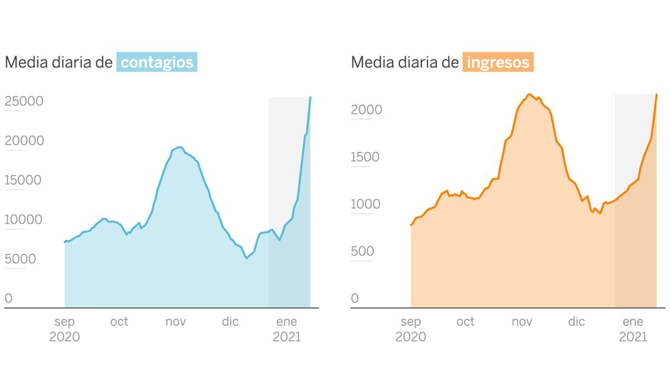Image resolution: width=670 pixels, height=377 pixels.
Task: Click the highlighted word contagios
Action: pos(157,63)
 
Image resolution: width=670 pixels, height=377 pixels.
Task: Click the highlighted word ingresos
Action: pos(498,63)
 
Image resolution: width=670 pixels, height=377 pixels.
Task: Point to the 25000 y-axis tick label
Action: pos(24,101)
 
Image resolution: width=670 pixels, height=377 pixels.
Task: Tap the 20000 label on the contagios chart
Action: pos(24,141)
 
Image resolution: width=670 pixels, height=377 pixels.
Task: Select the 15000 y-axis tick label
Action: pos(24,180)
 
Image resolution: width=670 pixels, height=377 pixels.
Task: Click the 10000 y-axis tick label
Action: pos(24,220)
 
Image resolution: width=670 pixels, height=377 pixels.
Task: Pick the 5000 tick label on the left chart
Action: pos(21,259)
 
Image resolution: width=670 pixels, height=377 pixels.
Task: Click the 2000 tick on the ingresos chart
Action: pos(366,110)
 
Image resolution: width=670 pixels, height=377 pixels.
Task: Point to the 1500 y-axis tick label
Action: pos(366,157)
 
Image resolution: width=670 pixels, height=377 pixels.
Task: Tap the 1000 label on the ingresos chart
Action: pos(366,204)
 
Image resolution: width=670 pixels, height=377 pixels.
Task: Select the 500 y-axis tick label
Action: pos(363,252)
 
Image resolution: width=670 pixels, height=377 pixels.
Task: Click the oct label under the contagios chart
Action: pos(119,322)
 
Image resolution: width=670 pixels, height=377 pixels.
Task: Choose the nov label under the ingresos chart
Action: pos(521,322)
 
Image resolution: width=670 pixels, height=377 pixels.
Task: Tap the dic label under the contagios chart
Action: pos(230,322)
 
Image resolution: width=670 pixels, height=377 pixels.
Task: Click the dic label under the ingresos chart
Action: pos(576,322)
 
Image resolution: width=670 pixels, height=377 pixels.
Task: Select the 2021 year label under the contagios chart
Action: pos(286,337)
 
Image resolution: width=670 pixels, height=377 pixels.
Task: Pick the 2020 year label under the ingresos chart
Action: pos(411,337)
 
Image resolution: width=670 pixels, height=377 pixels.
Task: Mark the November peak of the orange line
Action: pos(529,94)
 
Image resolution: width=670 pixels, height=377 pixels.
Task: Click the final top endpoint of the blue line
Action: pos(310,98)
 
